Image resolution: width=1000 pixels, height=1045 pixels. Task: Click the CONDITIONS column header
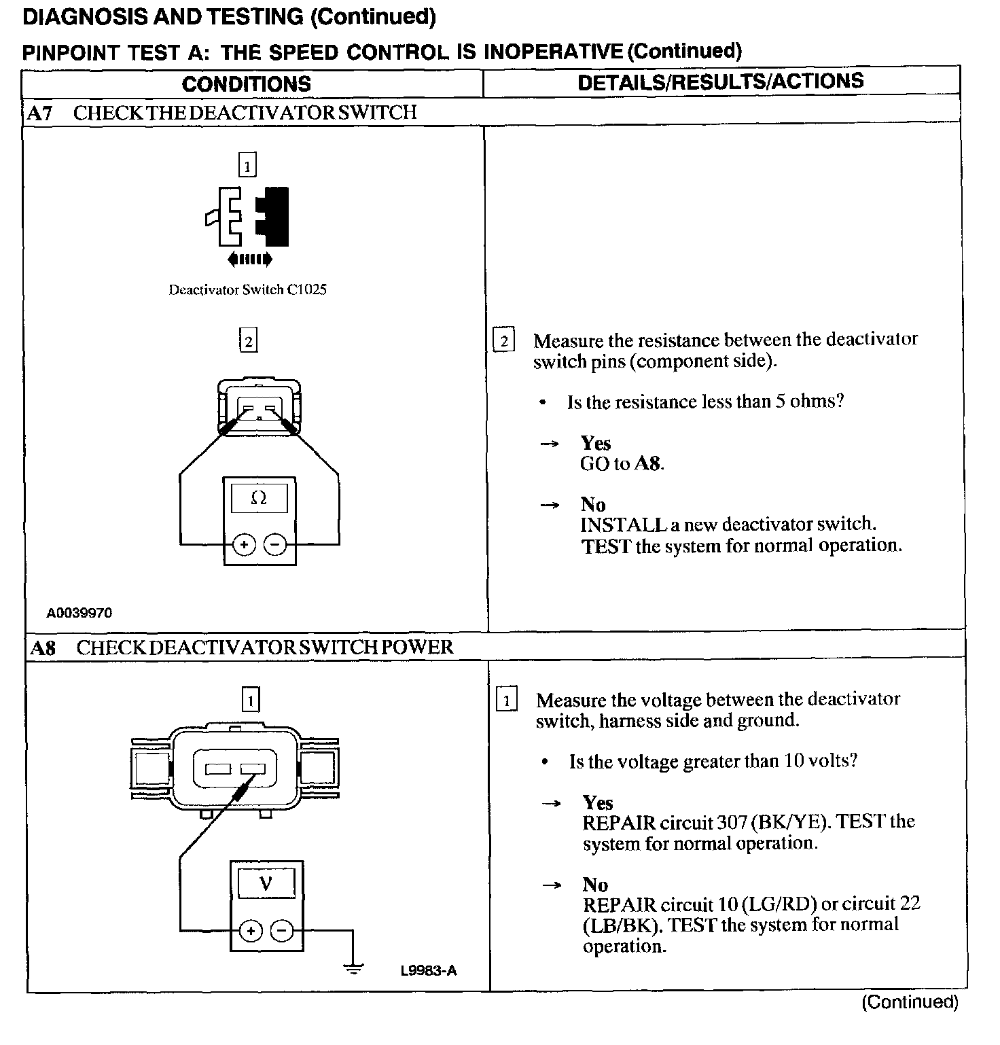(246, 84)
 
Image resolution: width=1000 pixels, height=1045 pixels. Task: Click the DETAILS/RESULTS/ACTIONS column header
(720, 82)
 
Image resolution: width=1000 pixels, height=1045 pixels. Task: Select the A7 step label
(39, 113)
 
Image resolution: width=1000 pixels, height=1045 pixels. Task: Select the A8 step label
(42, 648)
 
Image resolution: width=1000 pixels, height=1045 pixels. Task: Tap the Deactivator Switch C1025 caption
(247, 290)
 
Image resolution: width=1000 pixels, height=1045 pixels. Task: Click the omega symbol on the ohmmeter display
(259, 498)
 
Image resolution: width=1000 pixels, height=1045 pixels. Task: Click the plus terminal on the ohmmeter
(244, 544)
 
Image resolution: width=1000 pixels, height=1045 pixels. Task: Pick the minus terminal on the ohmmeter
(274, 544)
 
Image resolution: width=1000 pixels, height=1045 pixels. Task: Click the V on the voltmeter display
(266, 883)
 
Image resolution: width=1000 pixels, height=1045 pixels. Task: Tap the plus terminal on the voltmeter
(251, 930)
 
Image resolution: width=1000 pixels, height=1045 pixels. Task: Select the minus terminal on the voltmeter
(283, 930)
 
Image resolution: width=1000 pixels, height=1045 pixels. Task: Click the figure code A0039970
(79, 613)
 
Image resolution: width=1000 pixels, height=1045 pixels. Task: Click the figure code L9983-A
(429, 971)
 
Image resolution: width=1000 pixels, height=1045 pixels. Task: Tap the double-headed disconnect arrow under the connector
(250, 259)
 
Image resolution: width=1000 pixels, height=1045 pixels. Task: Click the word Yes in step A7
(596, 444)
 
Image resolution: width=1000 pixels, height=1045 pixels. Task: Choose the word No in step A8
(595, 885)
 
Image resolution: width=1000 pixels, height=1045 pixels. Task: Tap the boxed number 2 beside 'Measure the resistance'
(503, 340)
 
